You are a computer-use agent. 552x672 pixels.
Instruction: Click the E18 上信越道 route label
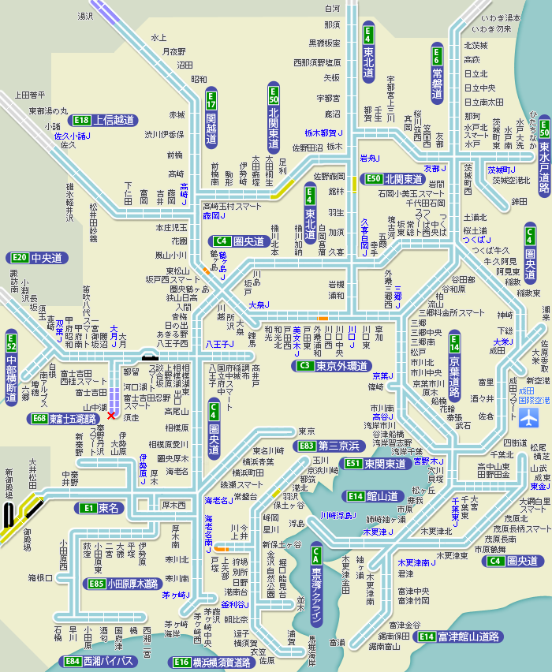103,121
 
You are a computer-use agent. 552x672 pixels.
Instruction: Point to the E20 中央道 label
36,258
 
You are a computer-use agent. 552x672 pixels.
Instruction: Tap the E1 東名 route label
99,508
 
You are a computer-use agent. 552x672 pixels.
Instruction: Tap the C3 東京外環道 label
331,366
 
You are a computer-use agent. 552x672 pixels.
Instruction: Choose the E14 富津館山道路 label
460,636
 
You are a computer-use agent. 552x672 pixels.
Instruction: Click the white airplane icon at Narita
526,416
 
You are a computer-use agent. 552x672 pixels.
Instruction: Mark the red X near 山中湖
111,415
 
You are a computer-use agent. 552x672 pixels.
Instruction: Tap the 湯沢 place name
85,15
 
